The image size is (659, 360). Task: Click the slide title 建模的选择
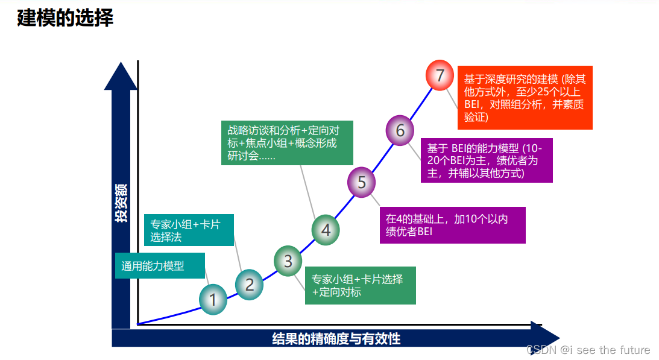[x=65, y=18]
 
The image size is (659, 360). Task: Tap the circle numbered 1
[x=213, y=299]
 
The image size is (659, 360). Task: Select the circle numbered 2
[x=250, y=284]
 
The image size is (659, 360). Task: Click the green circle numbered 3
[x=288, y=261]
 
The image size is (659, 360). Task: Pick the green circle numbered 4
[x=326, y=230]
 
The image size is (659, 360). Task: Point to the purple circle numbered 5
[x=362, y=182]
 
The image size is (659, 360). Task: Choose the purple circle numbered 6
[x=400, y=130]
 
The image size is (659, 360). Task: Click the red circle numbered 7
[x=440, y=76]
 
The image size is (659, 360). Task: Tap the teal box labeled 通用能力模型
[x=160, y=265]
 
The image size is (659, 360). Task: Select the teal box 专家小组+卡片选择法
[x=189, y=230]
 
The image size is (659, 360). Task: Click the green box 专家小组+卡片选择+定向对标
[x=360, y=286]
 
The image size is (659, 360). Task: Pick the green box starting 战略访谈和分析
[x=287, y=143]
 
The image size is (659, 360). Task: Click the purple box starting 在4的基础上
[x=452, y=225]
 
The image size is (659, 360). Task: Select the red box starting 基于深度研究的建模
[x=525, y=98]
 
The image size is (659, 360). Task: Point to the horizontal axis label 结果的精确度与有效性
[x=336, y=338]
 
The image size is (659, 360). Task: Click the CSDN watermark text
[x=588, y=350]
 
